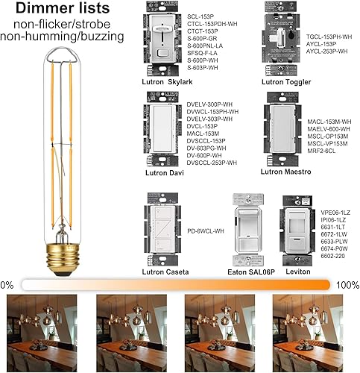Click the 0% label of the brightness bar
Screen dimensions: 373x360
tap(7, 285)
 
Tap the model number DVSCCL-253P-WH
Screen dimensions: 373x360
tap(212, 162)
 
